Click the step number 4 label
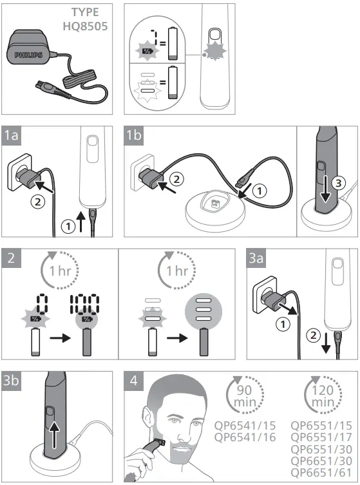[x=133, y=381]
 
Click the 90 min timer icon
[x=245, y=397]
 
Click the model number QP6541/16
[x=244, y=437]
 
